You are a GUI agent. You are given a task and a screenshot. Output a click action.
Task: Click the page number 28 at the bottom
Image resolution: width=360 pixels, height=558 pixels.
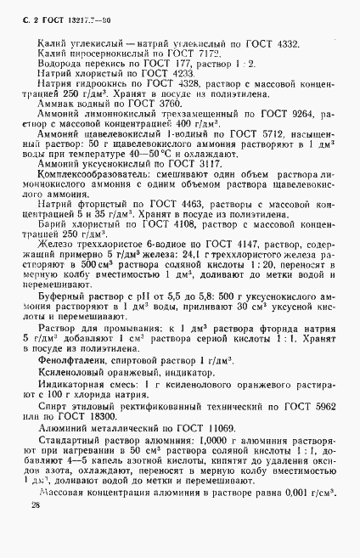[x=35, y=528]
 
